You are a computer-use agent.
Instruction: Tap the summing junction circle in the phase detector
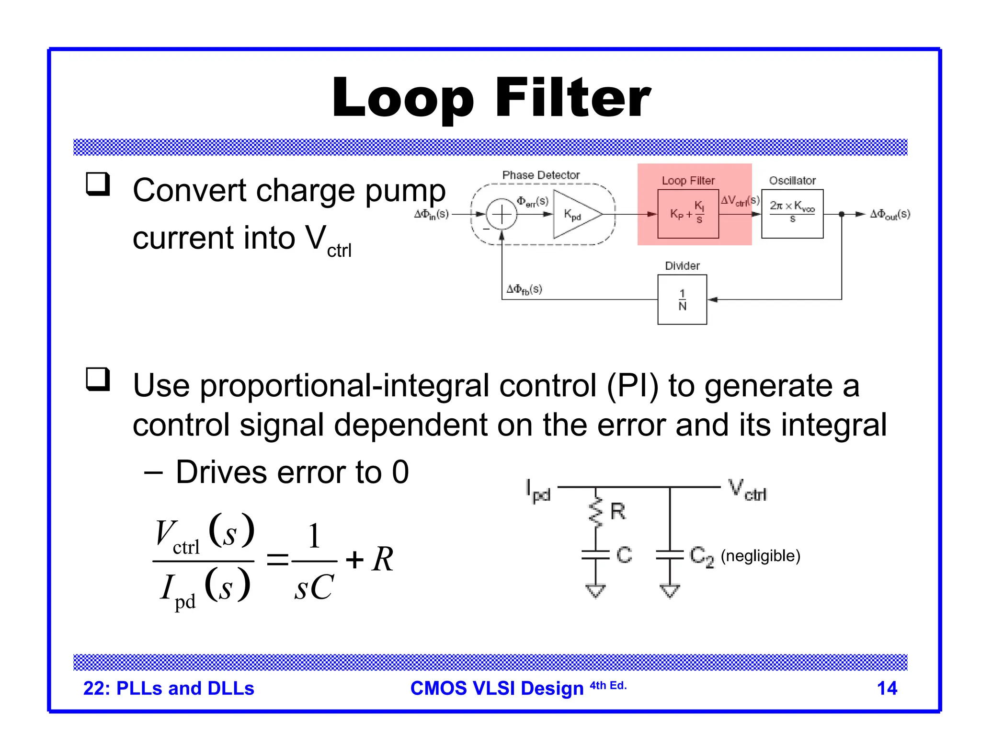[502, 214]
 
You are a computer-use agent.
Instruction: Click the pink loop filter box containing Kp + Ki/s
[688, 214]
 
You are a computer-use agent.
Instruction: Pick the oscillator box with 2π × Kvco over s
[792, 214]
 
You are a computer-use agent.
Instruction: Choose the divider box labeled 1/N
[682, 299]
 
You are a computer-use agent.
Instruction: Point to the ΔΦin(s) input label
[431, 214]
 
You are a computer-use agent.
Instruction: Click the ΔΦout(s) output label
[890, 214]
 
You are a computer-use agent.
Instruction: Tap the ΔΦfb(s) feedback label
[524, 289]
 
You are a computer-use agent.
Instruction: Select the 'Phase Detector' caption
[541, 175]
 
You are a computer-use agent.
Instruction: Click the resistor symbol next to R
[595, 512]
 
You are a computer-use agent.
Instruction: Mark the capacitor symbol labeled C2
[670, 555]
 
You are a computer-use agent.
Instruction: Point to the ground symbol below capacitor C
[595, 590]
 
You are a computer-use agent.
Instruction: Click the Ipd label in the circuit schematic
[538, 491]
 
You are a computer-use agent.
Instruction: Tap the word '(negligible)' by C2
[760, 556]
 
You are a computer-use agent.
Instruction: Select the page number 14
[887, 688]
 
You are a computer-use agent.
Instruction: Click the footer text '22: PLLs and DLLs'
[169, 688]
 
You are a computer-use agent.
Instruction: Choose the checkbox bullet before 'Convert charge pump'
[98, 184]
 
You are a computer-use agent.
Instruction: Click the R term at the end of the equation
[383, 559]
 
